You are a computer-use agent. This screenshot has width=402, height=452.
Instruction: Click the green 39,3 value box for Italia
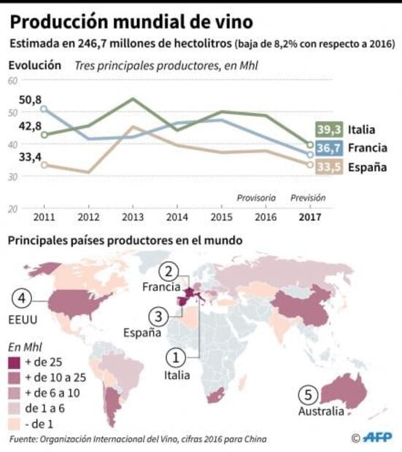pos(328,130)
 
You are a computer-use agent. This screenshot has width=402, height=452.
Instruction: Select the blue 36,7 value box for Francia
pos(328,149)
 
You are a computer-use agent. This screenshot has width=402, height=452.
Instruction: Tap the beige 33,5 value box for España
pos(328,168)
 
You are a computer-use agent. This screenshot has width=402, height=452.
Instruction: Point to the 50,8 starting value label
pos(30,100)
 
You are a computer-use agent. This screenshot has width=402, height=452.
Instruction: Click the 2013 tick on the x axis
pos(132,217)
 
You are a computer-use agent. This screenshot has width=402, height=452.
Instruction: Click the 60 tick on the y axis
pos(12,80)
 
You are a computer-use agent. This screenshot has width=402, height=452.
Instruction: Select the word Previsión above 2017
pos(308,198)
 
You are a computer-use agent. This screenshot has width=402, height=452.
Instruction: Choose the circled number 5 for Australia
pos(309,395)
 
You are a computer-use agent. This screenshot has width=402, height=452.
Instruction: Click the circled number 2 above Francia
pos(170,272)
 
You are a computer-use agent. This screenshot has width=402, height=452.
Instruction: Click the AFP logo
pos(376,437)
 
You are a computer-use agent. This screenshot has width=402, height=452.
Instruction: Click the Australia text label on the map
pos(320,412)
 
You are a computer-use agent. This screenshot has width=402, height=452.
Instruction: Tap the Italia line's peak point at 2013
pos(132,98)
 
